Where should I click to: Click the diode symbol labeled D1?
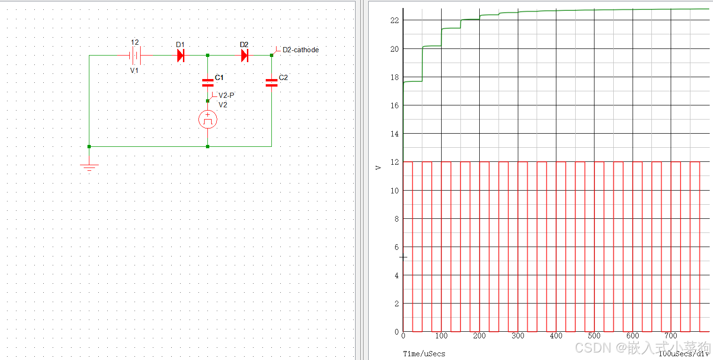[181, 56]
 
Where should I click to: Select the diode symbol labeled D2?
[245, 56]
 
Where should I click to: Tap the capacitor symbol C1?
[207, 83]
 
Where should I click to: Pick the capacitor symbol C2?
[271, 83]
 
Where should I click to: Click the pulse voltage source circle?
[207, 120]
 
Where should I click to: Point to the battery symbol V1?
[135, 56]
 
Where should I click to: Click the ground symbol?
[89, 166]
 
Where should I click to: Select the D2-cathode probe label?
[300, 49]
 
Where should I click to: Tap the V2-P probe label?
[226, 95]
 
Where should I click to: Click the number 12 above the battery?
[135, 42]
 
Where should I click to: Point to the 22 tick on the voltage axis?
[394, 20]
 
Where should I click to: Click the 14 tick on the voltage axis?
[394, 134]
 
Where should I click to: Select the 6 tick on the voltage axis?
[396, 247]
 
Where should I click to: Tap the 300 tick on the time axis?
[518, 336]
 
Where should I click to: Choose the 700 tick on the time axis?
[671, 336]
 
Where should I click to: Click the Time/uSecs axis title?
[424, 353]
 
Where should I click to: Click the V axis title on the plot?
[378, 167]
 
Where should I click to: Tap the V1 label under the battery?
[135, 70]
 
